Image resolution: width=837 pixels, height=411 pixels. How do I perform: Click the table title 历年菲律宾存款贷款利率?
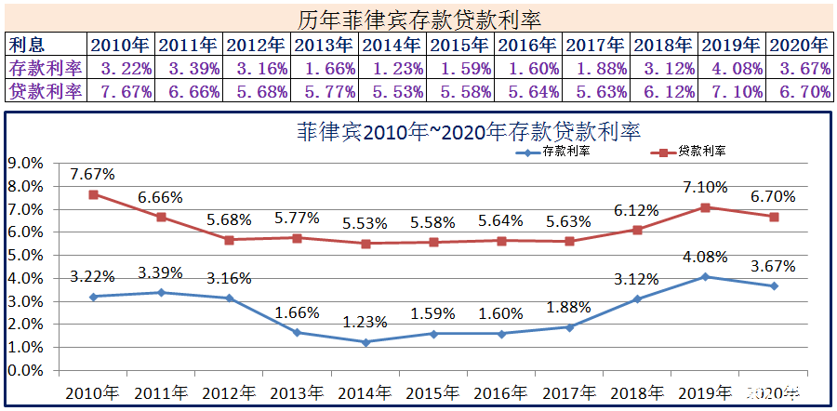pos(418,18)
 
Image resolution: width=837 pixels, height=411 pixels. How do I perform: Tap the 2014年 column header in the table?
pos(392,45)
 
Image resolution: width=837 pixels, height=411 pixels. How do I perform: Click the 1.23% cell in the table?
pos(392,68)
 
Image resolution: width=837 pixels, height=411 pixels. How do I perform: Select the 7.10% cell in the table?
pos(732,91)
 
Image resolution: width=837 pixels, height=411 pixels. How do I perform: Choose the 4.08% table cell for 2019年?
pos(732,68)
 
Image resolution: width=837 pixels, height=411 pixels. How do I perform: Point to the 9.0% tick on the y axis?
pos(25,163)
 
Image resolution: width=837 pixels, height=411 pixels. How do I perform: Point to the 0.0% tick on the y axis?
pos(25,370)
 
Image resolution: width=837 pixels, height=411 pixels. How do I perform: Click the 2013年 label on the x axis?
pos(297,393)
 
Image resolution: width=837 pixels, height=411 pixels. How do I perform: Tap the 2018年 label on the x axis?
pos(637,393)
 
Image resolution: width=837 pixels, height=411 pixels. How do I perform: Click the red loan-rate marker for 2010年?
pos(94,194)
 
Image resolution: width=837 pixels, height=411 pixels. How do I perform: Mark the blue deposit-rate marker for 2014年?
pos(365,342)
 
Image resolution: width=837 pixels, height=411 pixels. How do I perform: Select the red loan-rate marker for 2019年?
pos(706,207)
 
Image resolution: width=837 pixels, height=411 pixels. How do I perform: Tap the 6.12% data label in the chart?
pos(637,210)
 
